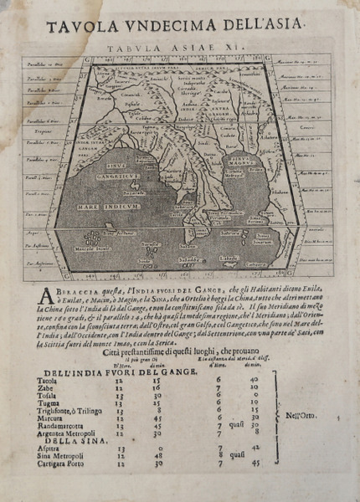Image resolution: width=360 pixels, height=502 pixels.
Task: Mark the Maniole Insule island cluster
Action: click(95, 245)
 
